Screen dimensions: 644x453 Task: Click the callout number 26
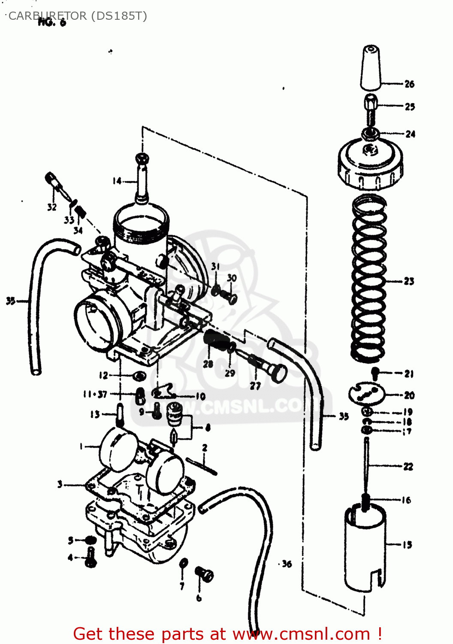click(x=409, y=84)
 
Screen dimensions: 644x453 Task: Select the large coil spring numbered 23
click(x=368, y=279)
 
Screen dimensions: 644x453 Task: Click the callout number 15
click(x=407, y=545)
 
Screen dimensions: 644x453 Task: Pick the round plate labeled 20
click(x=366, y=394)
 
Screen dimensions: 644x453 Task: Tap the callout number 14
click(x=117, y=181)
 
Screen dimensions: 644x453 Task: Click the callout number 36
click(x=287, y=564)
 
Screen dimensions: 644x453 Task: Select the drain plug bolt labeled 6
click(x=204, y=574)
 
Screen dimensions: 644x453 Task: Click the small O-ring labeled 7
click(x=183, y=563)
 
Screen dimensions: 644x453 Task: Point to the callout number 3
click(x=60, y=484)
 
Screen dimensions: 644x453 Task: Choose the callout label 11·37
click(x=95, y=394)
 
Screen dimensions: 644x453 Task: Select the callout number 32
click(x=51, y=207)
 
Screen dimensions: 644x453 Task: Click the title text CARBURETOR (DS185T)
click(x=78, y=16)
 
